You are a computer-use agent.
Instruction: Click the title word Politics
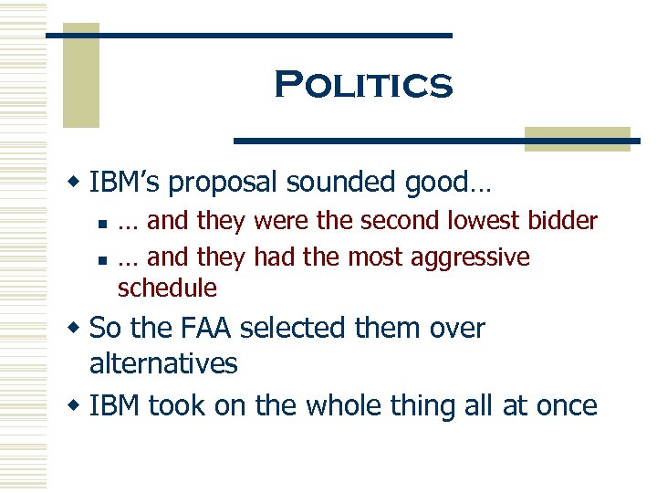tap(362, 85)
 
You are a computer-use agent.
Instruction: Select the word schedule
tap(167, 288)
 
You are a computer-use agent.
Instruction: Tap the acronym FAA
tap(201, 328)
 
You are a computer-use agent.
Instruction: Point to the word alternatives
tap(163, 363)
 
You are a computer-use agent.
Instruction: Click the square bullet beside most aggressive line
tap(106, 259)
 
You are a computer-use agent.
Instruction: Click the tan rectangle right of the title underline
tap(578, 138)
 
